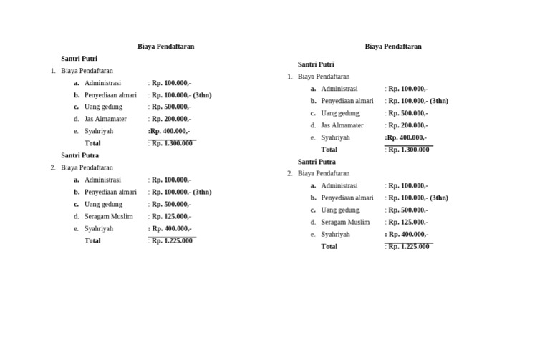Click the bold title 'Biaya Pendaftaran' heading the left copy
165,47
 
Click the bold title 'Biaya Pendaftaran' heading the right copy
393,47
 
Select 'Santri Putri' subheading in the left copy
79,59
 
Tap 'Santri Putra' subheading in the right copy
317,162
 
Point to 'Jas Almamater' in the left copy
105,119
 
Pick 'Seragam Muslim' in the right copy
345,222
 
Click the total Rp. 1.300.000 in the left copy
172,143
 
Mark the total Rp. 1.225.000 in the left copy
172,240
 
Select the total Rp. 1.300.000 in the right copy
409,150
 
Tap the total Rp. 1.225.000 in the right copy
409,247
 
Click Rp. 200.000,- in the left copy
171,119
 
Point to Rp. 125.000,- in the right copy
408,222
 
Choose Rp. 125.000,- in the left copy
171,216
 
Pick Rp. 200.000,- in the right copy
408,125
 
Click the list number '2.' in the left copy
53,167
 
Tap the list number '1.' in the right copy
290,77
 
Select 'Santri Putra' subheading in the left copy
80,155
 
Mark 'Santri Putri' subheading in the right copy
316,64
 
